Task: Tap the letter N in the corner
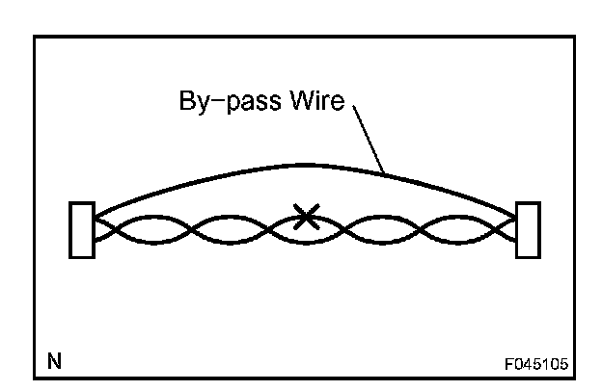tap(55, 362)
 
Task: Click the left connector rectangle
tap(82, 229)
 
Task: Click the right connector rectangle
tap(528, 229)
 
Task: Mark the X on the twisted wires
tap(306, 217)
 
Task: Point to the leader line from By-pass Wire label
tap(371, 140)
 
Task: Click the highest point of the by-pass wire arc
tap(305, 165)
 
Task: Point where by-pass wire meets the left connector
tap(95, 213)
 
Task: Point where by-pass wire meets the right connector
tap(516, 213)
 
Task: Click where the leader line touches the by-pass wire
tap(385, 173)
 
